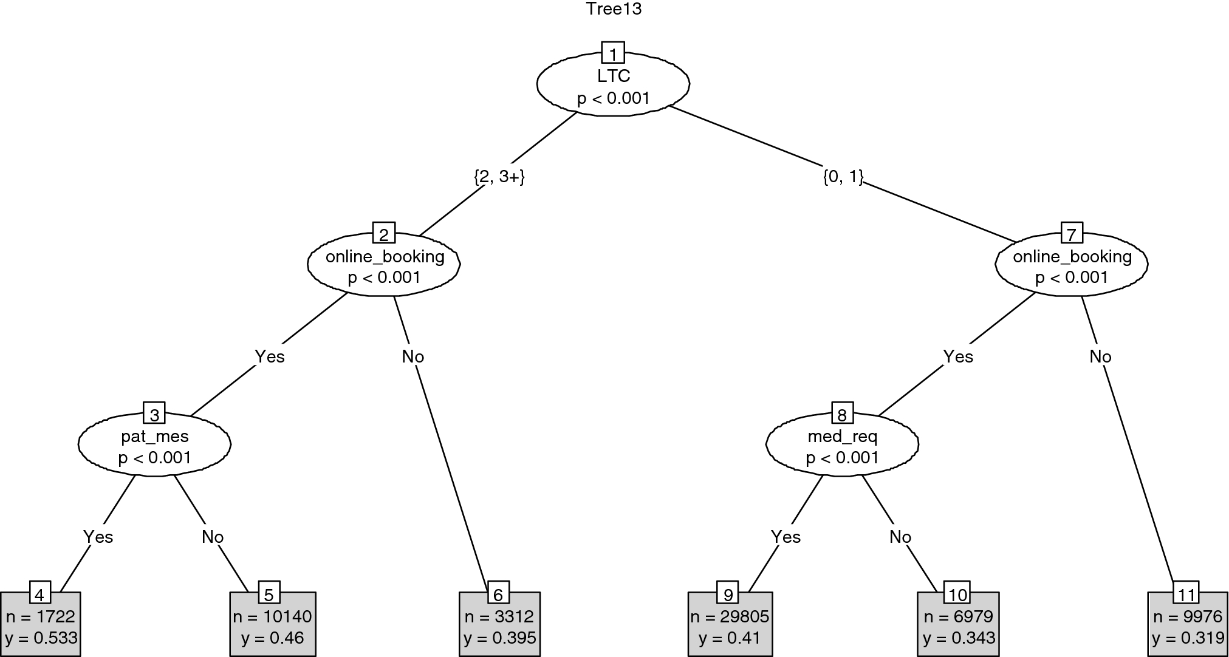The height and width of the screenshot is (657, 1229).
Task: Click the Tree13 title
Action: click(x=613, y=9)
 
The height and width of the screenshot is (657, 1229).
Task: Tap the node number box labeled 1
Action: click(x=613, y=53)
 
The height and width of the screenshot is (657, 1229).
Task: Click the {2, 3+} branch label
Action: click(x=498, y=177)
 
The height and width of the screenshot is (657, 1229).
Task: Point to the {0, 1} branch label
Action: click(x=843, y=177)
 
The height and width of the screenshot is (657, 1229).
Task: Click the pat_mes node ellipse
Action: click(x=154, y=446)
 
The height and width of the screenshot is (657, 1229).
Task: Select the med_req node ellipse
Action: click(x=842, y=446)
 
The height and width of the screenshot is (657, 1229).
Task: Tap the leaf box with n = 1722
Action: click(x=40, y=627)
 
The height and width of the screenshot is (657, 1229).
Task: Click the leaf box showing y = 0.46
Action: click(x=272, y=627)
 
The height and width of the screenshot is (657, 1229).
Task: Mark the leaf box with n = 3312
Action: click(x=499, y=627)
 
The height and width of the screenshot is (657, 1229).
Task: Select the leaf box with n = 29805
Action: click(x=730, y=627)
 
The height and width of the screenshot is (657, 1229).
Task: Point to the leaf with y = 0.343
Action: click(x=958, y=627)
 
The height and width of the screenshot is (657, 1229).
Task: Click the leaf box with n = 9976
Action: click(x=1187, y=627)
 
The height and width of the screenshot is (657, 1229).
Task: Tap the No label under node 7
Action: click(x=1100, y=356)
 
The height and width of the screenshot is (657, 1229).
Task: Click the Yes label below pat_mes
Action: click(x=98, y=537)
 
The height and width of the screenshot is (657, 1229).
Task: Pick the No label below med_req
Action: click(x=900, y=537)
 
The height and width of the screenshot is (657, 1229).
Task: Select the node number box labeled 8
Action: click(x=842, y=414)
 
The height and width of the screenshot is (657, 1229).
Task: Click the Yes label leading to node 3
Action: click(x=269, y=356)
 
